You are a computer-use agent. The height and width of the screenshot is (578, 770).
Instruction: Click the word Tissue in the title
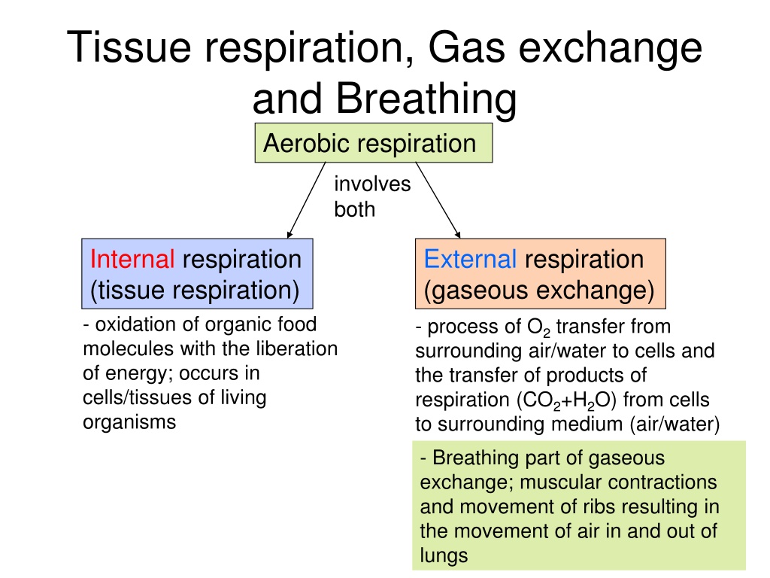tap(129, 47)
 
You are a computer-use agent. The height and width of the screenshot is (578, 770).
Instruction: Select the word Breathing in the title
tap(426, 98)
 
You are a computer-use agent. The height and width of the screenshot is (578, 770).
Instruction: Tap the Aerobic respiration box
tap(373, 142)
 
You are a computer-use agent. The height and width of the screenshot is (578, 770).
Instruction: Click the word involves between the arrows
tap(372, 184)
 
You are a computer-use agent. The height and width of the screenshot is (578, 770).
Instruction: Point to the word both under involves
tap(355, 209)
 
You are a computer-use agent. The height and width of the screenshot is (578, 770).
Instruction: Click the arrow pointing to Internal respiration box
tap(307, 200)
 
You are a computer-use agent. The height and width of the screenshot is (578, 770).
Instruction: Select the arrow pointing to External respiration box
tap(438, 200)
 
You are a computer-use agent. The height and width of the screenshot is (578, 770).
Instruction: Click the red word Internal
tap(132, 259)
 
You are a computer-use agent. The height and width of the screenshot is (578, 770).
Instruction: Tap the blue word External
tap(470, 259)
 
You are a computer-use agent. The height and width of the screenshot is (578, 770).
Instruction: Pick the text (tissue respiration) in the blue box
tap(195, 290)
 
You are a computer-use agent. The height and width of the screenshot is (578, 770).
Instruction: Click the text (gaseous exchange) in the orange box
tap(538, 290)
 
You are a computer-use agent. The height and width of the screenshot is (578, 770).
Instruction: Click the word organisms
tap(129, 423)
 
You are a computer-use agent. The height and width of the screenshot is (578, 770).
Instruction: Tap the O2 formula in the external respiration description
tap(538, 327)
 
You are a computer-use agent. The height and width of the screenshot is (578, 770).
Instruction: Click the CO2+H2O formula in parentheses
tap(565, 400)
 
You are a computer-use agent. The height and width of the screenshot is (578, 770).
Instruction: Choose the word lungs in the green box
tap(444, 556)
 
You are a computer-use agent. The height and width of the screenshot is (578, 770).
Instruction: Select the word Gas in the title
tap(466, 47)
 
